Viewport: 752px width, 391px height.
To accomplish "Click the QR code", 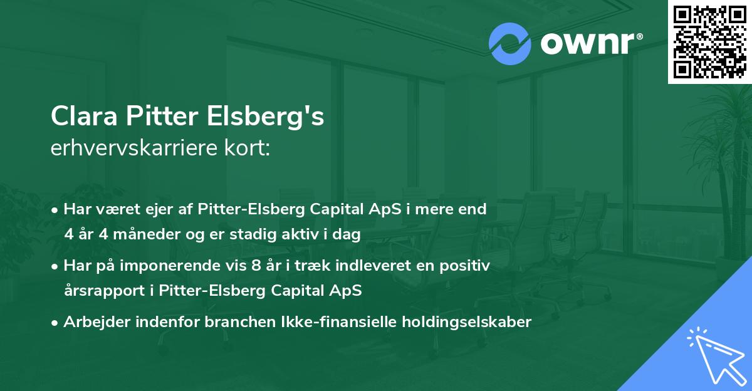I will pos(710,41).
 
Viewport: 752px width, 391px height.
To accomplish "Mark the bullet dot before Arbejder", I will pos(55,323).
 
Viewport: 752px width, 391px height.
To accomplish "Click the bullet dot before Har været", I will pos(55,210).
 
